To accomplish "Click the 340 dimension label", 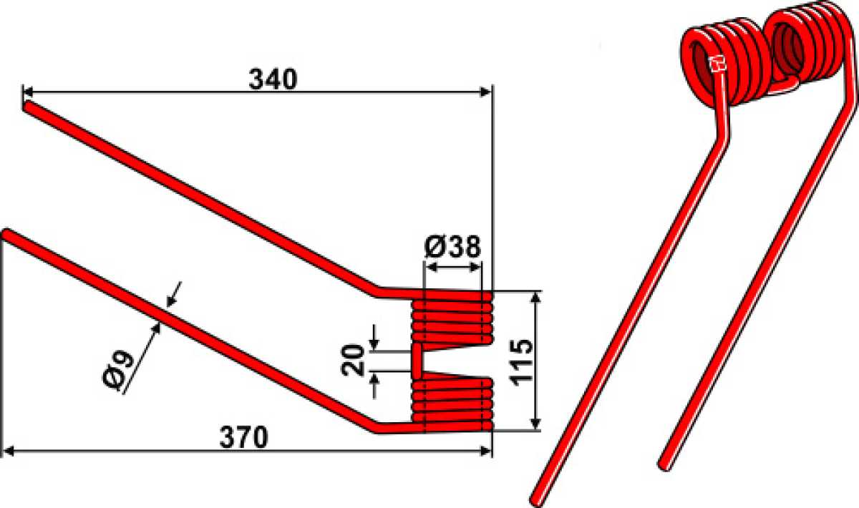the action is tap(273, 79).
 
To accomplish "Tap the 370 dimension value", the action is tap(243, 437).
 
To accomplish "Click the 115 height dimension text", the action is tap(521, 362).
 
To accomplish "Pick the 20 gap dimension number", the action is tap(352, 360).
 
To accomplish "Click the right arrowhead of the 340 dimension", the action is tap(485, 92).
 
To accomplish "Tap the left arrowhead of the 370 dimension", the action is tap(9, 451).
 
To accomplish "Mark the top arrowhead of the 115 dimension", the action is tap(535, 298).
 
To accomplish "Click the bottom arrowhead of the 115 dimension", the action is tap(535, 424).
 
